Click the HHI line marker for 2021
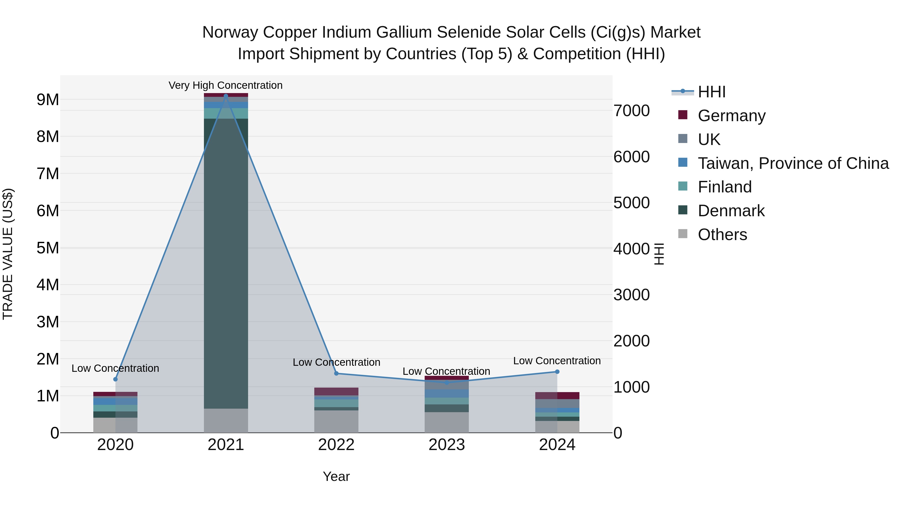(226, 96)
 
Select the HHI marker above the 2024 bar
(557, 372)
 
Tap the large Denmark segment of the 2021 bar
(226, 263)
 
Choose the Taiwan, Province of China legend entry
(793, 163)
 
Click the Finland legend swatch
(683, 186)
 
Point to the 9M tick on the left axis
(48, 100)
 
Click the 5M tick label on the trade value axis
(48, 248)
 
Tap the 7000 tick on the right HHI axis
(631, 111)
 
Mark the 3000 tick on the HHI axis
(631, 295)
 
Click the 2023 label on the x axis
(446, 445)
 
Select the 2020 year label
(115, 445)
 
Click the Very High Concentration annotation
(225, 85)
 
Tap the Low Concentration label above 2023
(446, 371)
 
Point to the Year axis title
(336, 476)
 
